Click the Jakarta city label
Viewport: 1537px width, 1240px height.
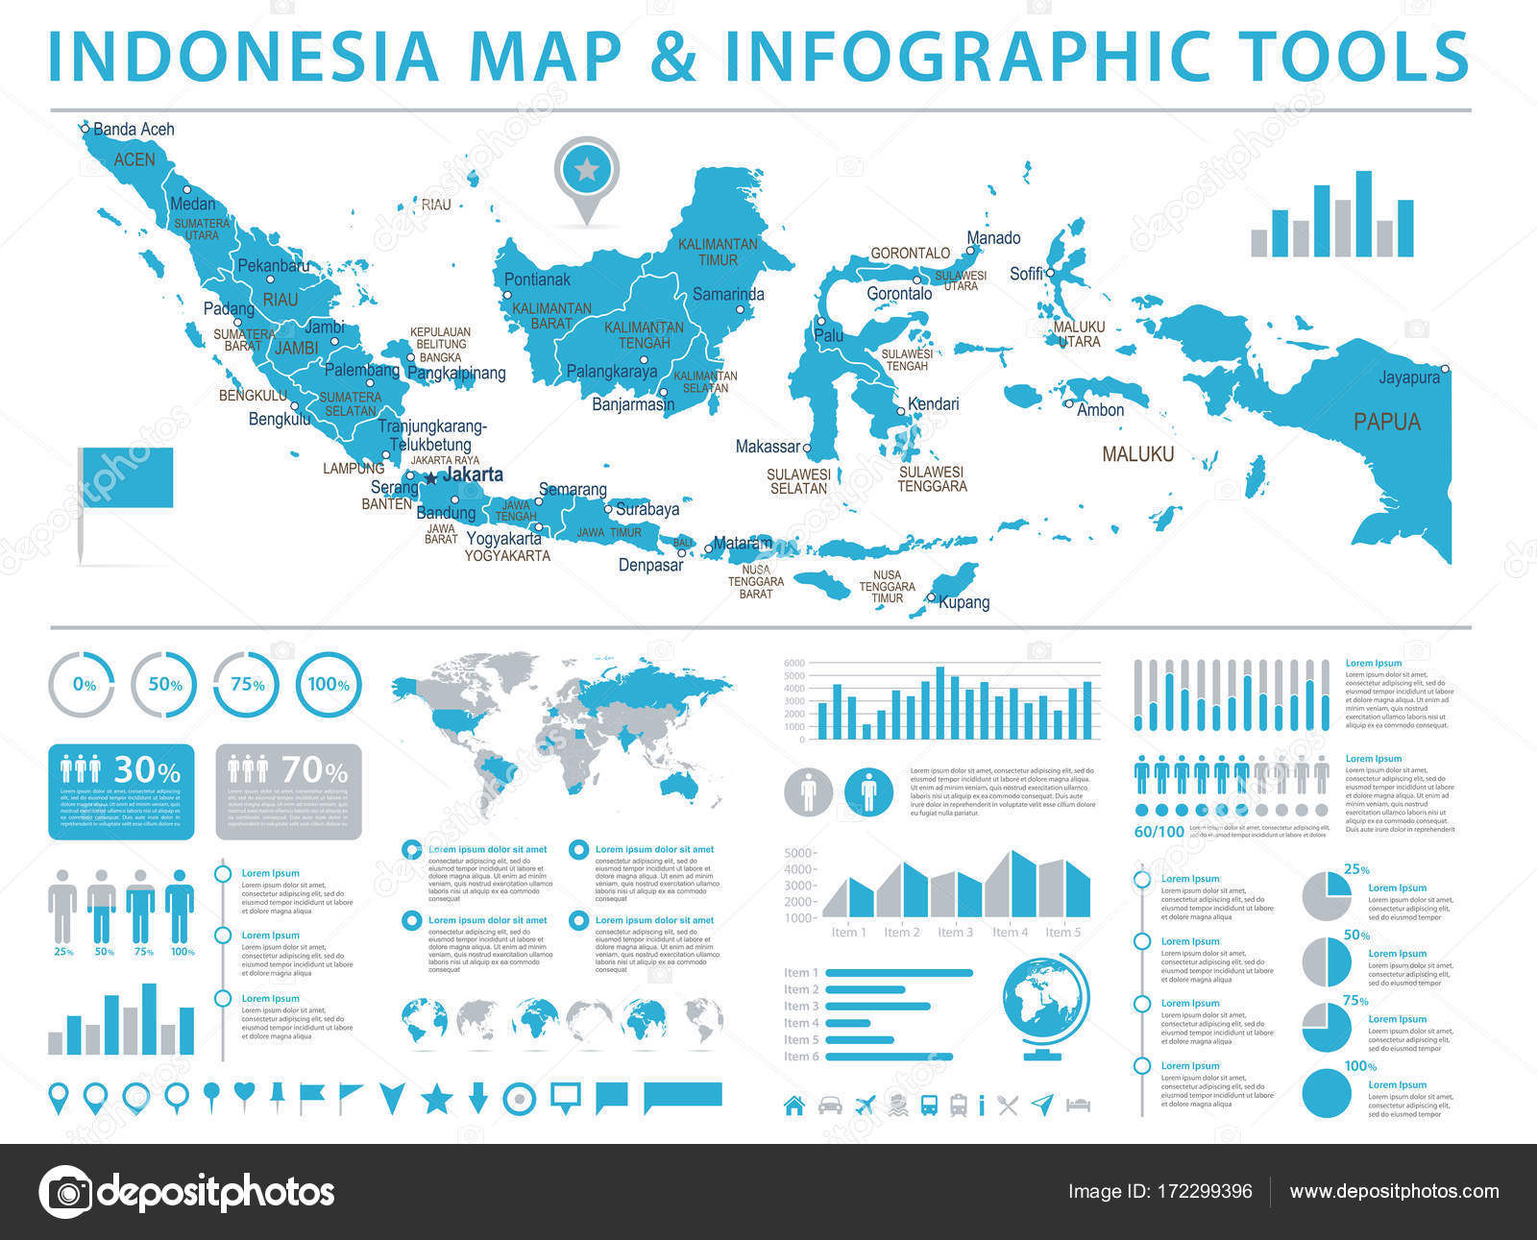(x=472, y=474)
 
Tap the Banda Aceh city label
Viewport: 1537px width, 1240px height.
(x=134, y=129)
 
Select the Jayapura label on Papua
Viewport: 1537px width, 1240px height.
(x=1409, y=377)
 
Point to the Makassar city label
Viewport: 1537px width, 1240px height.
(x=768, y=447)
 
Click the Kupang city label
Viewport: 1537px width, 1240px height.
(x=964, y=602)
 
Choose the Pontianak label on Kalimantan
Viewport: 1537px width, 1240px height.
(x=537, y=280)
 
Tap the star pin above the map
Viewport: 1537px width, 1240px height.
(x=587, y=172)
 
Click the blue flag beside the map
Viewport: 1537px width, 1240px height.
(x=127, y=477)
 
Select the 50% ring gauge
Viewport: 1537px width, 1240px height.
(x=164, y=685)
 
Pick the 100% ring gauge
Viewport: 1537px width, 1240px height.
(x=329, y=685)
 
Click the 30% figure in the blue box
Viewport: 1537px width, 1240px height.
(x=147, y=770)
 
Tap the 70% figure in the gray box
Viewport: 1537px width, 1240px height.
(x=314, y=770)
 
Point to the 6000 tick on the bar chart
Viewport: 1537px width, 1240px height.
(x=793, y=664)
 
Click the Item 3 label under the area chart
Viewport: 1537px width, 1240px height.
(x=955, y=932)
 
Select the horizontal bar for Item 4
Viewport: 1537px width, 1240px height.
(x=847, y=1023)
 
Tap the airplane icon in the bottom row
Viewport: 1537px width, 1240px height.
(x=866, y=1105)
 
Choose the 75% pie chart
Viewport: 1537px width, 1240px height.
(x=1327, y=1027)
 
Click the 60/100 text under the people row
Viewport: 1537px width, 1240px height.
(x=1159, y=832)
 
